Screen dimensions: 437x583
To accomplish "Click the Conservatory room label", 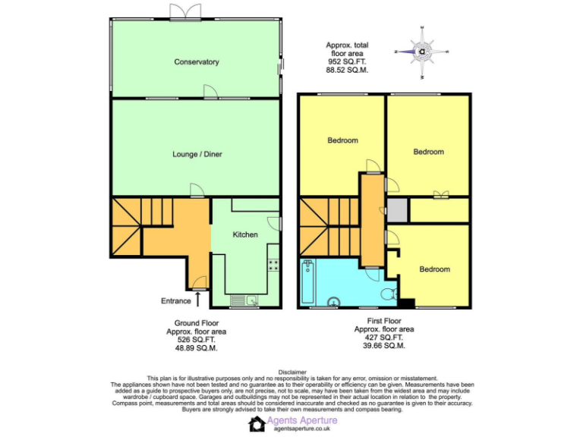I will [x=196, y=61].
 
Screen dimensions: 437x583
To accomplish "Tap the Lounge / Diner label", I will [x=197, y=154].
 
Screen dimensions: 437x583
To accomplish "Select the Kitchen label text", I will [x=245, y=235].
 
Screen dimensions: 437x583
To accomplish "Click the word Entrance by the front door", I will [x=176, y=301].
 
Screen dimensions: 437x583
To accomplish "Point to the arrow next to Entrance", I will [x=198, y=299].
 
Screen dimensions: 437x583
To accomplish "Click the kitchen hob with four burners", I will [x=272, y=266].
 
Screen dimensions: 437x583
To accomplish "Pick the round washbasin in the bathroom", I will [x=332, y=303].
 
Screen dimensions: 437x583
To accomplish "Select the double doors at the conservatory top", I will [x=186, y=11].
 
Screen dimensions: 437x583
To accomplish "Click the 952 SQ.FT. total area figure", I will [x=347, y=61].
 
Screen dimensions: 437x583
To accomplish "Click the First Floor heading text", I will [x=383, y=321].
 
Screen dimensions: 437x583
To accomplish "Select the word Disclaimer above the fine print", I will [x=292, y=372].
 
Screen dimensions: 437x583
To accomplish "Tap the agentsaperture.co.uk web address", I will [x=302, y=429].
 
